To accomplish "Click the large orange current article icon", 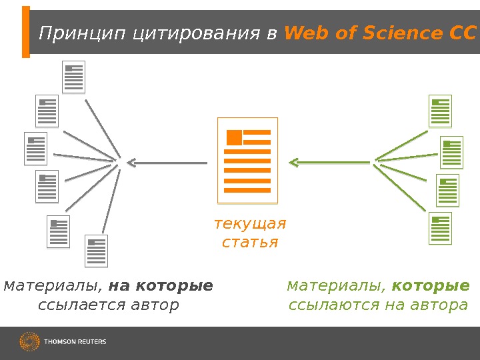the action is (247, 160).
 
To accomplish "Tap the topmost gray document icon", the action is (74, 77).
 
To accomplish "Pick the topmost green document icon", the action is (440, 111).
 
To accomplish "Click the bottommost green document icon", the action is (440, 228).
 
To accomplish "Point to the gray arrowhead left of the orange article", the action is (131, 161).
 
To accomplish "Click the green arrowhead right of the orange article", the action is (294, 161).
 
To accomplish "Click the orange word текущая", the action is (249, 223).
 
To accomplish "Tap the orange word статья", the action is (249, 241).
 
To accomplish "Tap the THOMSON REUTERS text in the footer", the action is (75, 342).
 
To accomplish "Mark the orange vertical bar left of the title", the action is (26, 32).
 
